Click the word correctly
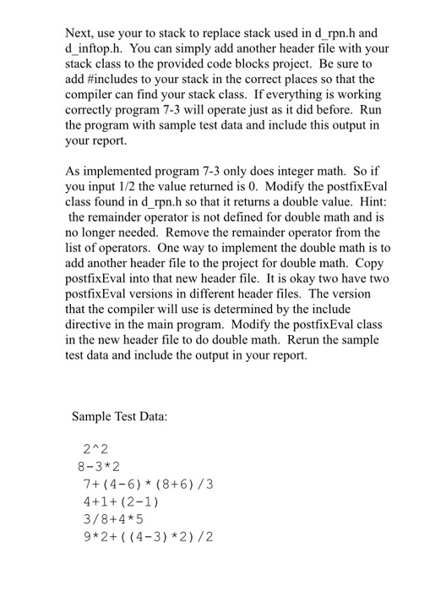[91, 112]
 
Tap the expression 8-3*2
[99, 467]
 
